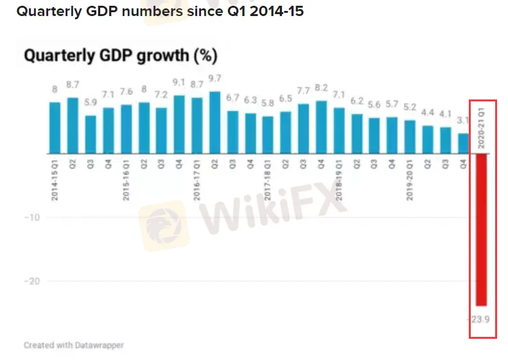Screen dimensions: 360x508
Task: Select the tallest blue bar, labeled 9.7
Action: pos(215,123)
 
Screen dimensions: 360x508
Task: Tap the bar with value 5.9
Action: pos(91,135)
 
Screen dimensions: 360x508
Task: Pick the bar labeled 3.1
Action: pos(463,144)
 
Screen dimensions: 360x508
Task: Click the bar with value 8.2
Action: pos(321,127)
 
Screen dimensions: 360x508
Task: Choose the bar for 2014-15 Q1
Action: pos(55,128)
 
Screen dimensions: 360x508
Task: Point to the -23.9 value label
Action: pos(480,318)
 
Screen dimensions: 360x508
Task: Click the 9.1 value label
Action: pos(179,82)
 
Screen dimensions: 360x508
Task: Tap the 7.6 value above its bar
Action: pos(126,91)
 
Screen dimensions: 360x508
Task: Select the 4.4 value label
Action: pos(428,112)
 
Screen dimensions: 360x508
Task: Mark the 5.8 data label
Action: pos(268,103)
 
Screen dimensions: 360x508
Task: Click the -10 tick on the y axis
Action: pos(33,218)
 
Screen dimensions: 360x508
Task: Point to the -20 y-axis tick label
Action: pos(33,281)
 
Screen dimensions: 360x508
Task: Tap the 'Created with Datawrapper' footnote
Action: pos(74,345)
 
